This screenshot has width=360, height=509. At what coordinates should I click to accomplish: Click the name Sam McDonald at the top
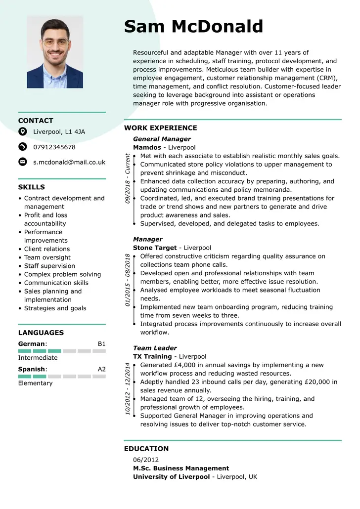(193, 26)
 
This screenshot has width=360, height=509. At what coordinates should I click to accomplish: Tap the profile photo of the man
(55, 52)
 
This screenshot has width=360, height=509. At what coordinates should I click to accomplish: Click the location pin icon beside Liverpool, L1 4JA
(23, 131)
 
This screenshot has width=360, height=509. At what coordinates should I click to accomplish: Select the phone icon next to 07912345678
(23, 147)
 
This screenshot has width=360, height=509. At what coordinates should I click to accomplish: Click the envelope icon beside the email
(23, 162)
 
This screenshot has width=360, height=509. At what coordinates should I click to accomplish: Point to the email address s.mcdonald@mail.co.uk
(69, 162)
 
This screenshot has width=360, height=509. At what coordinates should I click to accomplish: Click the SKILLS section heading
(32, 187)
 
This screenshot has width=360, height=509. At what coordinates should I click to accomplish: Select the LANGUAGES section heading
(41, 333)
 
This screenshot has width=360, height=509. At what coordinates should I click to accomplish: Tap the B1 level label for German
(101, 343)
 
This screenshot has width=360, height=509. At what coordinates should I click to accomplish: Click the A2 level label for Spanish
(101, 369)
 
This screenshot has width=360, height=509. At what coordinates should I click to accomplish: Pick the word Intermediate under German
(38, 358)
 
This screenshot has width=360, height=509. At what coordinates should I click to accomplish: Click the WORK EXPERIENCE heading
(161, 128)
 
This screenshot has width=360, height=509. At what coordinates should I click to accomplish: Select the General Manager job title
(162, 139)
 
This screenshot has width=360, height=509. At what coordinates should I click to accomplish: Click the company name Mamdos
(147, 147)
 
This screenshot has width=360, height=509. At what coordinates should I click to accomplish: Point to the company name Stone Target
(155, 248)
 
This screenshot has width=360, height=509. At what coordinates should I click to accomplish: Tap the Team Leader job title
(155, 348)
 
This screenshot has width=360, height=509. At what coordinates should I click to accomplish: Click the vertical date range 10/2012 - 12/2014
(128, 388)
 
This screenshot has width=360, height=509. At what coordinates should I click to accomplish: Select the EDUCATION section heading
(146, 449)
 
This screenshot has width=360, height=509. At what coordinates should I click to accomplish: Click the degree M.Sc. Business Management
(181, 468)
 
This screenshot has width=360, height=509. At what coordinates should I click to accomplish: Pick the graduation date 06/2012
(146, 460)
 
